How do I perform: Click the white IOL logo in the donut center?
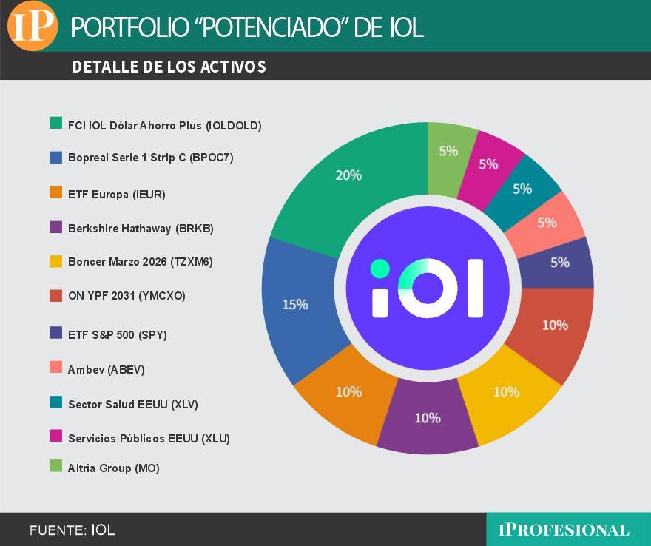click(x=428, y=289)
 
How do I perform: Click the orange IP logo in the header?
click(x=33, y=26)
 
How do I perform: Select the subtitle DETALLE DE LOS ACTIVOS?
click(x=169, y=67)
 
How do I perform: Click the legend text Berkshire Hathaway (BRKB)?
click(x=141, y=229)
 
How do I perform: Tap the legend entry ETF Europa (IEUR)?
click(x=116, y=195)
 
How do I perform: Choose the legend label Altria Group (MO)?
click(x=113, y=468)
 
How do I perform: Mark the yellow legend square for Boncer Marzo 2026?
click(x=55, y=261)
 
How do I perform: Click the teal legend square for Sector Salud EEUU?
click(x=55, y=403)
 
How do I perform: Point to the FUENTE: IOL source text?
click(x=72, y=530)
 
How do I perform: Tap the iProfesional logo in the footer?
click(x=564, y=530)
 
